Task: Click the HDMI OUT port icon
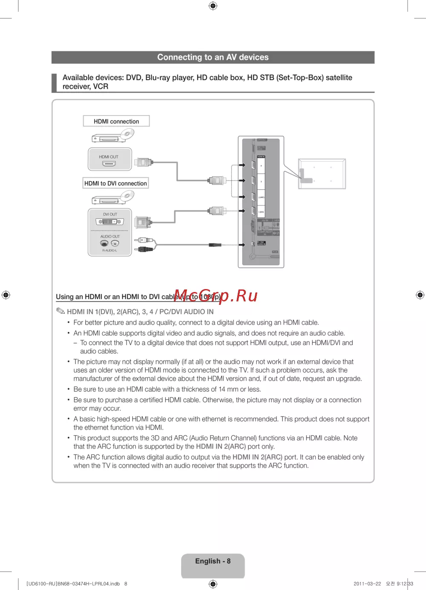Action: [109, 163]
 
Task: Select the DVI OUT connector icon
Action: [110, 222]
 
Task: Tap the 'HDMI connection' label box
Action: [116, 121]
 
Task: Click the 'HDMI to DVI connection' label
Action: [115, 183]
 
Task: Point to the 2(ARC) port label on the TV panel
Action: [261, 197]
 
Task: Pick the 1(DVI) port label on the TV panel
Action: [261, 212]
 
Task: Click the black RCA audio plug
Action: [144, 249]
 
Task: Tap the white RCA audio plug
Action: [144, 240]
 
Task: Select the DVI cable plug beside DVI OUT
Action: [142, 222]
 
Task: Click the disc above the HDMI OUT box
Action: [127, 134]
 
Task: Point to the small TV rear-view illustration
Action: [322, 174]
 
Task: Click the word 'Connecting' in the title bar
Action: [176, 57]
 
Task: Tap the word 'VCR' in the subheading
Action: [101, 87]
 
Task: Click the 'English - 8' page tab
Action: [213, 561]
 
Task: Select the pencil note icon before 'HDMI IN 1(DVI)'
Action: [60, 311]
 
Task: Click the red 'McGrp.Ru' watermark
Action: [216, 295]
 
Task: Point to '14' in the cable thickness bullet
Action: [222, 389]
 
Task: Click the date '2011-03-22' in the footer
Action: [367, 584]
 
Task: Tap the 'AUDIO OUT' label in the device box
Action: [110, 237]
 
